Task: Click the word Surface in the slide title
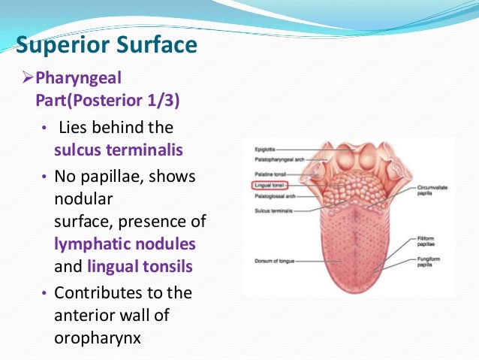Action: click(156, 44)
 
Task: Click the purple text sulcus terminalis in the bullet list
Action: click(118, 150)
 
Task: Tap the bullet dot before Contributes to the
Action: click(44, 292)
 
